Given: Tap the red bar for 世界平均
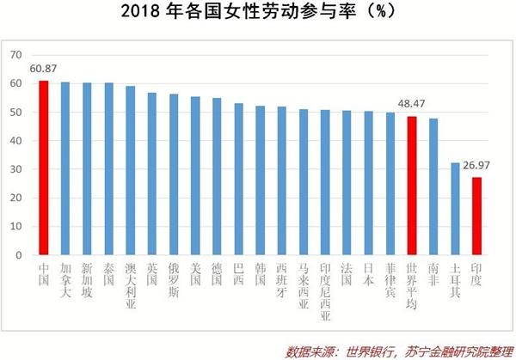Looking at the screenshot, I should click(412, 186).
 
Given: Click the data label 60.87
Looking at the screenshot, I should click(44, 70).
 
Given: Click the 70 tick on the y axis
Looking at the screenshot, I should click(15, 55).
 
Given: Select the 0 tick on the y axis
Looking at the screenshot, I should click(18, 255).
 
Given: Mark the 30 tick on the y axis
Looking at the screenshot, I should click(15, 169).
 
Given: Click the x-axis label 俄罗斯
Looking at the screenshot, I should click(174, 280).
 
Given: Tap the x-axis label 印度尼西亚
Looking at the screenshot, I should click(325, 291).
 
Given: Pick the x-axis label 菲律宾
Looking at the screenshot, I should click(390, 280).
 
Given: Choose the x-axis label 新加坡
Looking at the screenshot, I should click(87, 280).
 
